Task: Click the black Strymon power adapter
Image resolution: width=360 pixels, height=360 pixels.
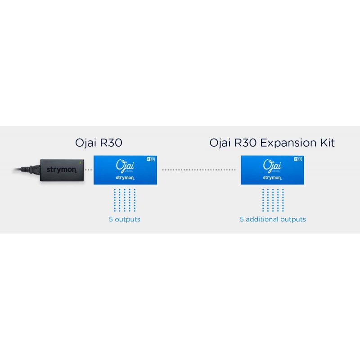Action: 61,170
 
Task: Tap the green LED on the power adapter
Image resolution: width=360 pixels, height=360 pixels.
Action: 80,162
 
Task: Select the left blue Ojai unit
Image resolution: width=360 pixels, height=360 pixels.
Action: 125,170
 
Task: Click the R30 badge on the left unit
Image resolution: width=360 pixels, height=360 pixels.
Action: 151,159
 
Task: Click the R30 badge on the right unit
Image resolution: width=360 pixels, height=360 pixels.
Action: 297,159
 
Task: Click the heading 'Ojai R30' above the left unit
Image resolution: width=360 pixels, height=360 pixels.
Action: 99,143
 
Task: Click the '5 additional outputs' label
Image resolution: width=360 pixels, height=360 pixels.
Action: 273,220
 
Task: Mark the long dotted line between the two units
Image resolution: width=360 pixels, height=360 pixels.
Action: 198,170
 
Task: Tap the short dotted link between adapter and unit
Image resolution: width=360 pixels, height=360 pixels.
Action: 89,170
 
